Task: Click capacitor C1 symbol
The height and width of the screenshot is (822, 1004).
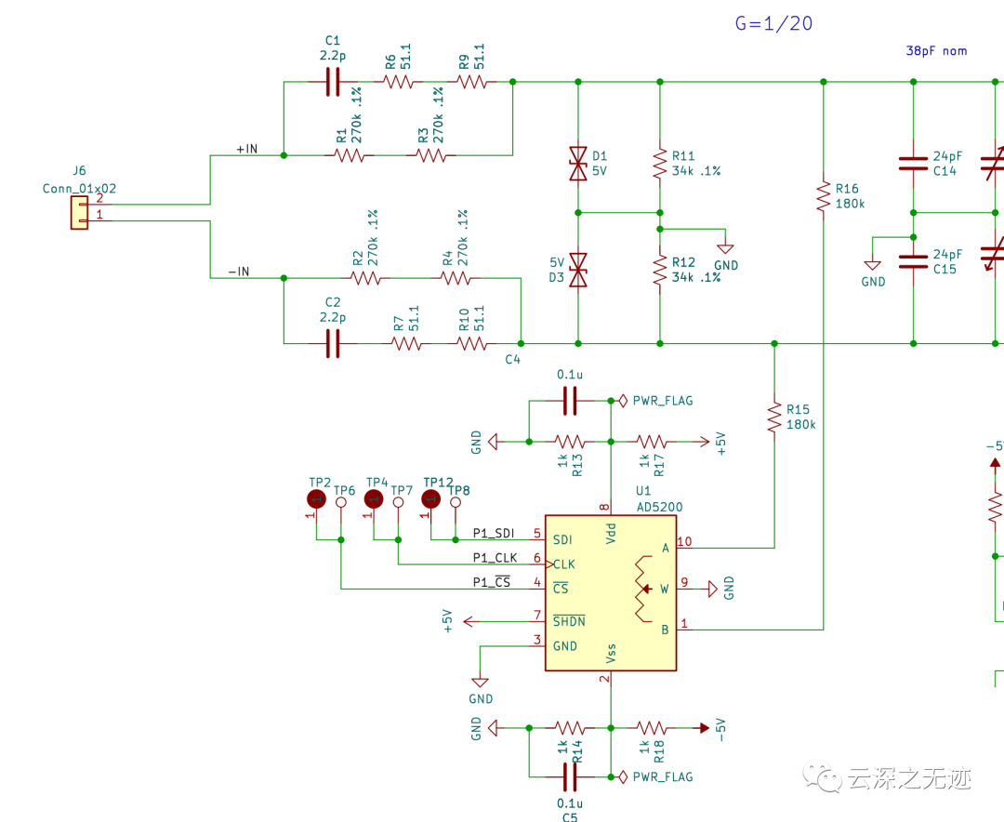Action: (x=333, y=83)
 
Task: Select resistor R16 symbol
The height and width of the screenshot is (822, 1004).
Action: (x=823, y=196)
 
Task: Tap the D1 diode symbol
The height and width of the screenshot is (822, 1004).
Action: (x=578, y=165)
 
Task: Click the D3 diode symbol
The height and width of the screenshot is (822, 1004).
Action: (x=578, y=270)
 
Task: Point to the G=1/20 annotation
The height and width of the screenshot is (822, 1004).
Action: (x=773, y=24)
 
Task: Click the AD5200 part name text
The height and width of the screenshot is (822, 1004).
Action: (x=659, y=507)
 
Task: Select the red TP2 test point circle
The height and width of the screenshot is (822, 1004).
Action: (x=316, y=500)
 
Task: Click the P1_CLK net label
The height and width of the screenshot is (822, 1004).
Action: (x=494, y=557)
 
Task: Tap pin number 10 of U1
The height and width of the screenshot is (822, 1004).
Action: (x=685, y=540)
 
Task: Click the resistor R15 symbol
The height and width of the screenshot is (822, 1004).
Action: (x=773, y=417)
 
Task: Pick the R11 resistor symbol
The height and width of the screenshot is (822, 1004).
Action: (x=659, y=165)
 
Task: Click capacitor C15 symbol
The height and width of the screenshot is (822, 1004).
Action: (x=913, y=259)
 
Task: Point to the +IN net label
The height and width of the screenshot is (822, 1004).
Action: (x=248, y=148)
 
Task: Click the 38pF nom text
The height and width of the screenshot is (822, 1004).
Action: (x=936, y=51)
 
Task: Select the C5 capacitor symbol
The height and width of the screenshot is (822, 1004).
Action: (x=570, y=776)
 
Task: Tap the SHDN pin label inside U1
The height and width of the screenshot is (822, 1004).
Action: (x=569, y=621)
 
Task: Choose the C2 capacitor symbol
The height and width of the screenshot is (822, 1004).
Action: (x=333, y=344)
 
